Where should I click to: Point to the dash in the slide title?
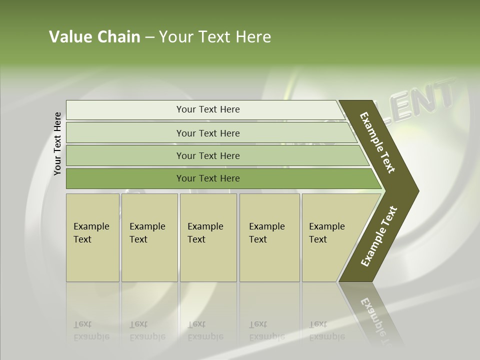tap(149, 37)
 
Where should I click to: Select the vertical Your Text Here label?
tap(57, 144)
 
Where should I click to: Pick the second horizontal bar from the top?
tap(207, 133)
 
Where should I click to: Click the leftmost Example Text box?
tap(92, 237)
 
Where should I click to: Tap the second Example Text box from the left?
tap(149, 237)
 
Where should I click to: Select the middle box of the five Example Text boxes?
tap(208, 237)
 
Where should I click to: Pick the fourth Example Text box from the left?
tap(269, 237)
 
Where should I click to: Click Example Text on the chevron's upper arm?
tap(378, 142)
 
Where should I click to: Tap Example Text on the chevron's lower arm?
tap(379, 236)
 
